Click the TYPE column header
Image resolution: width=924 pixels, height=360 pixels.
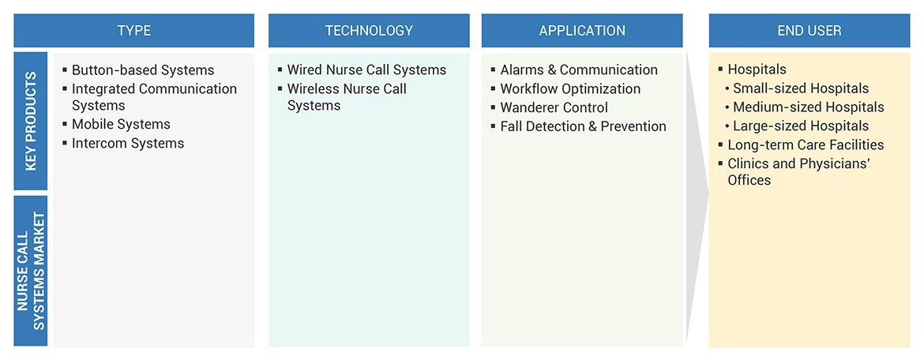(133, 31)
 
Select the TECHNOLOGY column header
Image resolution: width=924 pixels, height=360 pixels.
(369, 31)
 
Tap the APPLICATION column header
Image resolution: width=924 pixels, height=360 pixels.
(582, 31)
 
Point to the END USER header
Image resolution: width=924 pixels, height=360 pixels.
(809, 31)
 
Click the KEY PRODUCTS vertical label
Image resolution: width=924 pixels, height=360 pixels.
(31, 122)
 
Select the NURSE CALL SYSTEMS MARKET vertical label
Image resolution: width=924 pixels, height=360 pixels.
(31, 271)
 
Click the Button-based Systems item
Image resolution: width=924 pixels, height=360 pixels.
(142, 70)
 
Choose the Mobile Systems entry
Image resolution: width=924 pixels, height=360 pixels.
(121, 125)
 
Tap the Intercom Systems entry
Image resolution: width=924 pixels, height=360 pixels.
(128, 144)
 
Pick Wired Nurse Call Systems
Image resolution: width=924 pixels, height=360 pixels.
(366, 70)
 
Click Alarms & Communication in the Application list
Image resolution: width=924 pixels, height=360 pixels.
(579, 70)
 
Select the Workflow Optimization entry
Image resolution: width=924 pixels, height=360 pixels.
(570, 89)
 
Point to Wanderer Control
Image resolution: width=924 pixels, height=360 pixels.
(554, 107)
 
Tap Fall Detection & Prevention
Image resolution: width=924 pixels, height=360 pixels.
(583, 126)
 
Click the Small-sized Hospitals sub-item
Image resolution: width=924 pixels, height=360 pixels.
(800, 88)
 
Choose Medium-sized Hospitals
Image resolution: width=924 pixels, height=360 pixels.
(808, 107)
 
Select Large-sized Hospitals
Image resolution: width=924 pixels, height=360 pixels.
(800, 126)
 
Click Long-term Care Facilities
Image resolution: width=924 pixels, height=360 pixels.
(806, 145)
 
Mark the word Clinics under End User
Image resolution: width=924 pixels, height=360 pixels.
(748, 164)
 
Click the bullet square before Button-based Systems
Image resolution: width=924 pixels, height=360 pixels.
(64, 70)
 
